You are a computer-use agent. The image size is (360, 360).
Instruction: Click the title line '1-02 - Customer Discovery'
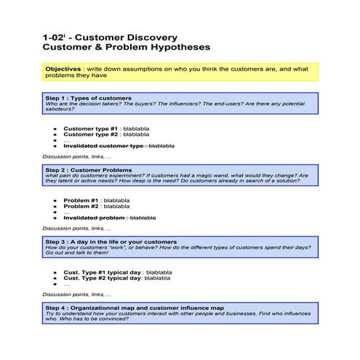pyautogui.click(x=109, y=36)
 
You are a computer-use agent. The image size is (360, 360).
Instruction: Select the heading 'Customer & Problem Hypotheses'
pyautogui.click(x=127, y=47)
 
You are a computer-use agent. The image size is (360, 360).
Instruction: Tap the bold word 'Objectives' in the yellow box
pyautogui.click(x=63, y=69)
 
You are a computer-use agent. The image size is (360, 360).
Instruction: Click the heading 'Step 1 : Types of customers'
pyautogui.click(x=88, y=97)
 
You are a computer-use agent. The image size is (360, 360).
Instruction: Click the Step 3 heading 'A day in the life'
pyautogui.click(x=111, y=241)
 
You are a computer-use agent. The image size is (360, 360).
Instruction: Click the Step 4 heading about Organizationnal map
pyautogui.click(x=135, y=308)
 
